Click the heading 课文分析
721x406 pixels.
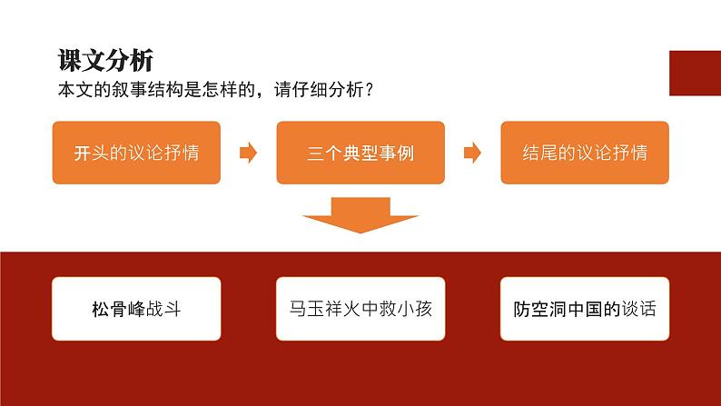click(105, 60)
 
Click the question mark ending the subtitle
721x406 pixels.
click(369, 89)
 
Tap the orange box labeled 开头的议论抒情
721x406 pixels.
click(136, 153)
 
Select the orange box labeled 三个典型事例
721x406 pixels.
click(360, 153)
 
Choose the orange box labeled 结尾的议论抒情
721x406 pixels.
click(585, 153)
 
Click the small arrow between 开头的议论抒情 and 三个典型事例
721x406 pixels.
click(248, 153)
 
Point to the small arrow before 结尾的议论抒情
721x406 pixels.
click(472, 153)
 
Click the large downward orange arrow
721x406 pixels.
click(360, 214)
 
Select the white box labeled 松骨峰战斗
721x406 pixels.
click(136, 309)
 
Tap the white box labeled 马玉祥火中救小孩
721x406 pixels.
click(360, 309)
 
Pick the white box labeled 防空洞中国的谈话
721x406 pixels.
click(585, 309)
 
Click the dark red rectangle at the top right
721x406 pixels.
click(696, 73)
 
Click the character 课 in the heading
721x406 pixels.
click(69, 60)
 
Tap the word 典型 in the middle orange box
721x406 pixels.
click(360, 153)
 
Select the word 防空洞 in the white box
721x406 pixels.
click(539, 309)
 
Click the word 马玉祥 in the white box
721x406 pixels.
click(316, 309)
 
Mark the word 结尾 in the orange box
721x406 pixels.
click(540, 153)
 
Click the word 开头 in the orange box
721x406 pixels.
click(92, 153)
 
